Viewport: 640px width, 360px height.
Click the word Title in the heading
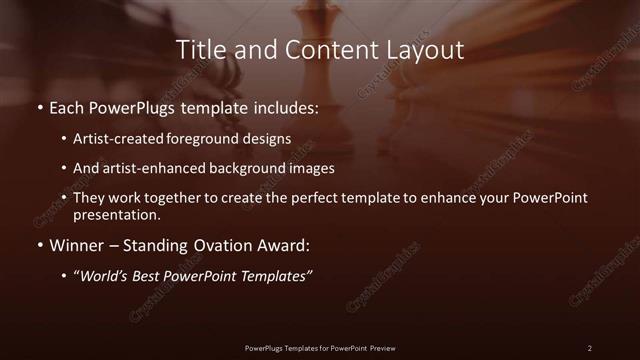198,49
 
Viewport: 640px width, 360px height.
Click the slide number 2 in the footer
589,347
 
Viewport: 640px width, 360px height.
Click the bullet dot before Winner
39,245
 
